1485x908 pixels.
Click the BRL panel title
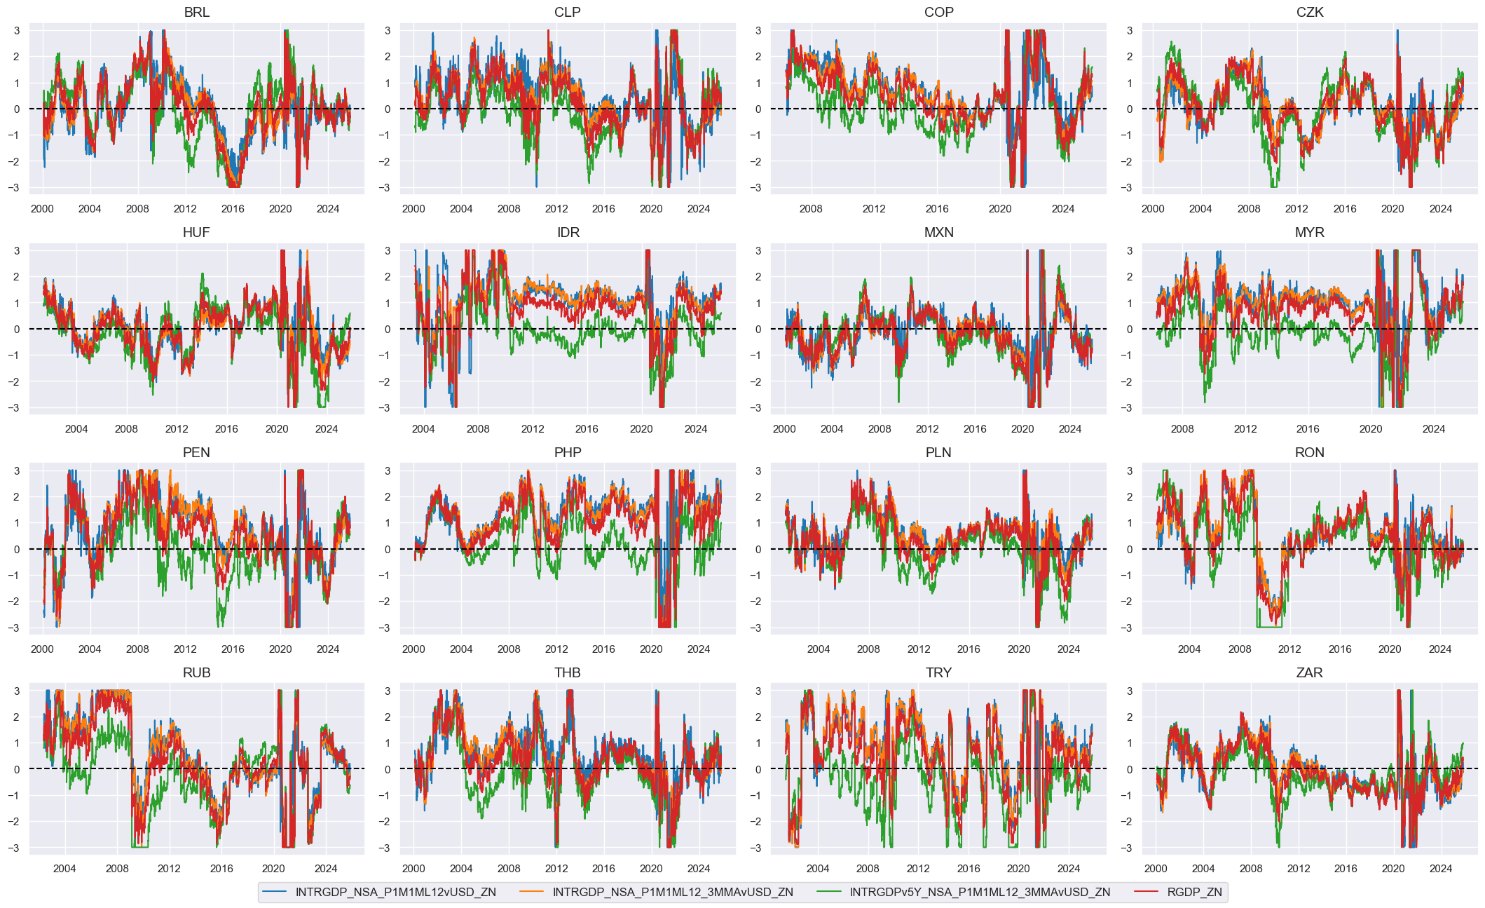[196, 13]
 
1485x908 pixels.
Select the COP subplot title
[938, 13]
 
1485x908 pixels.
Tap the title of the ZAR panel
[1309, 673]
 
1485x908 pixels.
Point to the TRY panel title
[938, 673]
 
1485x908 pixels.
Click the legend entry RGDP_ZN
[1194, 892]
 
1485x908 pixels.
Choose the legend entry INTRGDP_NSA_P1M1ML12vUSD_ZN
[395, 892]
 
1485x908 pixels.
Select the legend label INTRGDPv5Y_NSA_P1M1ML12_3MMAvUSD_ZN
[980, 892]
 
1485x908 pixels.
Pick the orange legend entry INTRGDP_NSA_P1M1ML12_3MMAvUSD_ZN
[673, 892]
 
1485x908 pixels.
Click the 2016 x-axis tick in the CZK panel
[1345, 209]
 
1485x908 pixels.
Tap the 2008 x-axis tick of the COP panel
[811, 209]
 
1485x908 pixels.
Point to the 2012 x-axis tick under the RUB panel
[169, 869]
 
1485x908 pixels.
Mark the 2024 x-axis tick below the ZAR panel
[1441, 869]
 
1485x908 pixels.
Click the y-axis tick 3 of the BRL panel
[16, 30]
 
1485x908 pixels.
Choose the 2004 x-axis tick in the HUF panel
[76, 429]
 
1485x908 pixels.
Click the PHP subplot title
[568, 453]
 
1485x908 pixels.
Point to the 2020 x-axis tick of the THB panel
[651, 869]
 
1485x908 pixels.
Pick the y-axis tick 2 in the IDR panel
[388, 277]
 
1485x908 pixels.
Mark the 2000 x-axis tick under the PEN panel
[42, 649]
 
